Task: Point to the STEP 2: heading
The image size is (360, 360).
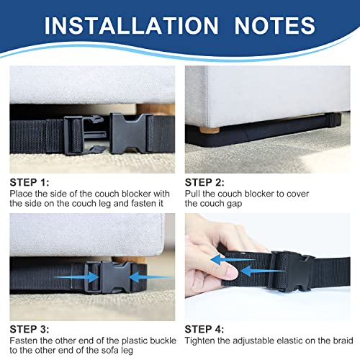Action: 206,181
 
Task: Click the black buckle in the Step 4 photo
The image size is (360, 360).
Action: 292,272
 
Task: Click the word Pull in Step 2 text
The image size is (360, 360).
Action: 193,194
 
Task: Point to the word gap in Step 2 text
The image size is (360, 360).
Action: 246,204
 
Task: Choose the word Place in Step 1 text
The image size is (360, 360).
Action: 22,194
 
